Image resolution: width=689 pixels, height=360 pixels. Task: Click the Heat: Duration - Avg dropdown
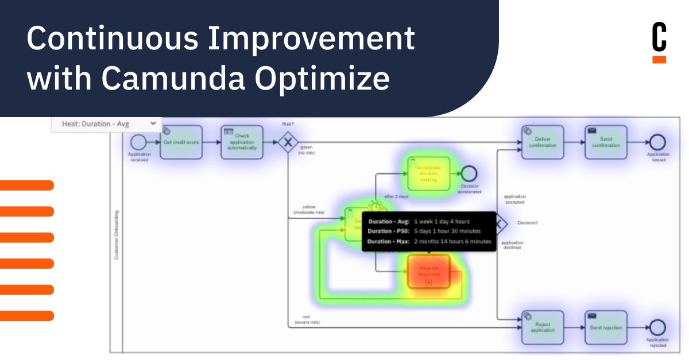(106, 123)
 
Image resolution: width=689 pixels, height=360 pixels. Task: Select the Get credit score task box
(181, 141)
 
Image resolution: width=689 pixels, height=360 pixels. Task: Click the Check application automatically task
(242, 141)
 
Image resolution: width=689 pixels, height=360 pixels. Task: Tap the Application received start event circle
(138, 142)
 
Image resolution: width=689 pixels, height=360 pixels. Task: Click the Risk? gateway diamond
(287, 142)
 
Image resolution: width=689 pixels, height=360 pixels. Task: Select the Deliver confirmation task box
(543, 142)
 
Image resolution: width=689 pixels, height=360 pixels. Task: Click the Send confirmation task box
(606, 142)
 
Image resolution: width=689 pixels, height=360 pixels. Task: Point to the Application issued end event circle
(657, 142)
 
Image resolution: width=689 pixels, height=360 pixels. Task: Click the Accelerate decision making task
(428, 173)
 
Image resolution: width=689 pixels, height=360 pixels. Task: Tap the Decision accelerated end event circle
(469, 173)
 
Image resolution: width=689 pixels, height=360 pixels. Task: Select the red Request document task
(428, 271)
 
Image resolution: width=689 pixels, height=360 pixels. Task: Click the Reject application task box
(543, 327)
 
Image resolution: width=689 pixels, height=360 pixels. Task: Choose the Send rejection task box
(606, 327)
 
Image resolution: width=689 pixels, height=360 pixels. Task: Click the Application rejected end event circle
(657, 328)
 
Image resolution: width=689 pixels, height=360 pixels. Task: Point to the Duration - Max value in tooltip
(452, 242)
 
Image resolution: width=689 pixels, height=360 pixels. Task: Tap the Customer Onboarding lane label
(117, 235)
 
